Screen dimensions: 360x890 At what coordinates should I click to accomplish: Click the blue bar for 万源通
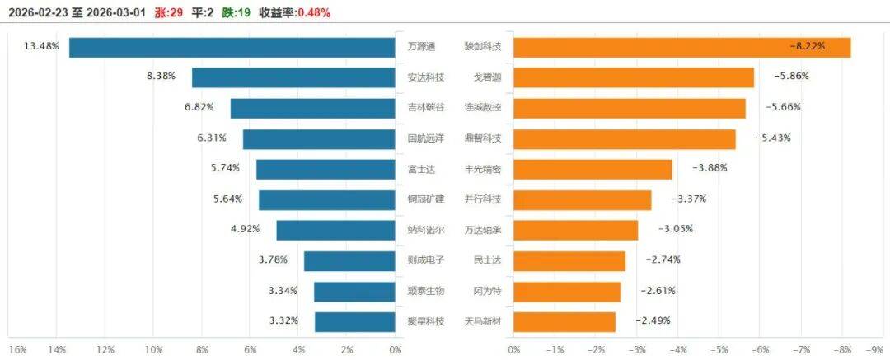tap(232, 47)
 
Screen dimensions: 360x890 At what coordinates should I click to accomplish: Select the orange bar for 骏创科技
tap(682, 47)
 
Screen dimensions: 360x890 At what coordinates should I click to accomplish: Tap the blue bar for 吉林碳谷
tap(312, 108)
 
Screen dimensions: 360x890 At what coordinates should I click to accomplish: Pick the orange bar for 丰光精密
tap(593, 169)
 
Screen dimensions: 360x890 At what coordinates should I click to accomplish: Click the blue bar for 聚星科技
tap(355, 321)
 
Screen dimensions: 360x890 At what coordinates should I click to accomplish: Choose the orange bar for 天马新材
tap(564, 321)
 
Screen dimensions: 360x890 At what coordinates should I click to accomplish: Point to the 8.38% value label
tap(162, 77)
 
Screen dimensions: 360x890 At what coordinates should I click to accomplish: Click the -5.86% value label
tap(790, 77)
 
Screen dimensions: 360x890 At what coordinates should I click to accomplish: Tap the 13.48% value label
tap(41, 46)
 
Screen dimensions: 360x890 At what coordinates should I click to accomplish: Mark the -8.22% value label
tap(808, 47)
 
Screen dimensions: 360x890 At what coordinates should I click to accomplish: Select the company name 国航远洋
tap(426, 138)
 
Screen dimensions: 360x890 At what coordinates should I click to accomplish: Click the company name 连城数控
tap(483, 107)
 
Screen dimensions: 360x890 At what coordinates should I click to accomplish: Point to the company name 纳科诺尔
tap(426, 229)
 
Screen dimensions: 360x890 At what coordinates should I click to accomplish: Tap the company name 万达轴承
tap(483, 229)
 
